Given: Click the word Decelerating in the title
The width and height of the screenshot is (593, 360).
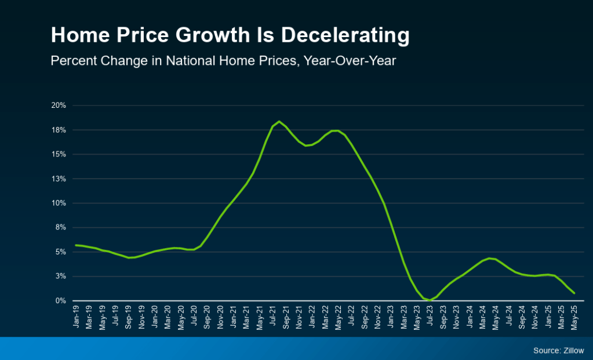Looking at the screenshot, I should [x=345, y=36].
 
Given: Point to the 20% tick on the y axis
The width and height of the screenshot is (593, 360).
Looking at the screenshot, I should [x=60, y=106].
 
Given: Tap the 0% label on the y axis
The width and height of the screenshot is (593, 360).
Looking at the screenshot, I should [x=61, y=300].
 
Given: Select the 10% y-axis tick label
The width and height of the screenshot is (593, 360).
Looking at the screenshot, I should [x=60, y=203].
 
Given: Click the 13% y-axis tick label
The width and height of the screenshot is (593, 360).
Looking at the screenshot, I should [x=60, y=179].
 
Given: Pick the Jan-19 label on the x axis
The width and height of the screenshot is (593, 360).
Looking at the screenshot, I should [x=77, y=317].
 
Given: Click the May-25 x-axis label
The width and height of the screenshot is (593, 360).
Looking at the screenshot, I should [x=574, y=317].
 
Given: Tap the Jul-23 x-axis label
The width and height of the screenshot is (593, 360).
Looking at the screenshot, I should [x=430, y=317].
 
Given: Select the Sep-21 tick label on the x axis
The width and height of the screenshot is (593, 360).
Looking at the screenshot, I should [x=286, y=317].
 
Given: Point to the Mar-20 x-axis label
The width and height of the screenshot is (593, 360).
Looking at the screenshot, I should [x=168, y=317].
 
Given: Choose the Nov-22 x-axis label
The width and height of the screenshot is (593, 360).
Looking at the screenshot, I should [x=377, y=317].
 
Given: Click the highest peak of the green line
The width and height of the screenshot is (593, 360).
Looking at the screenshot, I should [x=279, y=121].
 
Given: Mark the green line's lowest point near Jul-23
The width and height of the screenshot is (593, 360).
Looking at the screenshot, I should [x=430, y=300].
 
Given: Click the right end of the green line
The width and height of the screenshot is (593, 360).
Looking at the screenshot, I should [x=574, y=293].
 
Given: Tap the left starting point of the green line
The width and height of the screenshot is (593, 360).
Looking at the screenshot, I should [x=76, y=245].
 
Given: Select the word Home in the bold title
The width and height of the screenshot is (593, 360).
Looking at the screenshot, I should [x=72, y=36].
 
